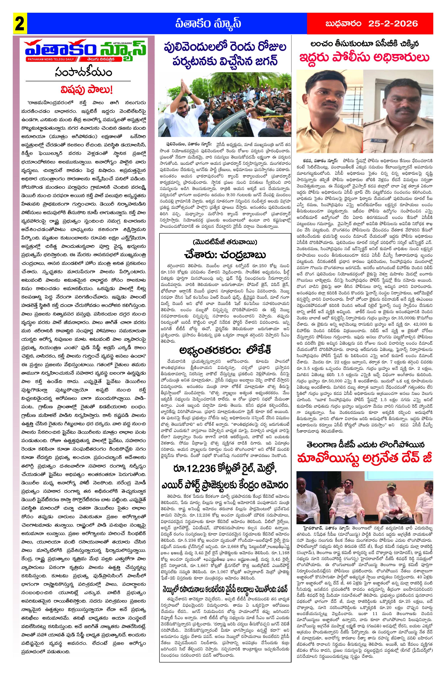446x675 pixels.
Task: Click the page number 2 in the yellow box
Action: point(19,24)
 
